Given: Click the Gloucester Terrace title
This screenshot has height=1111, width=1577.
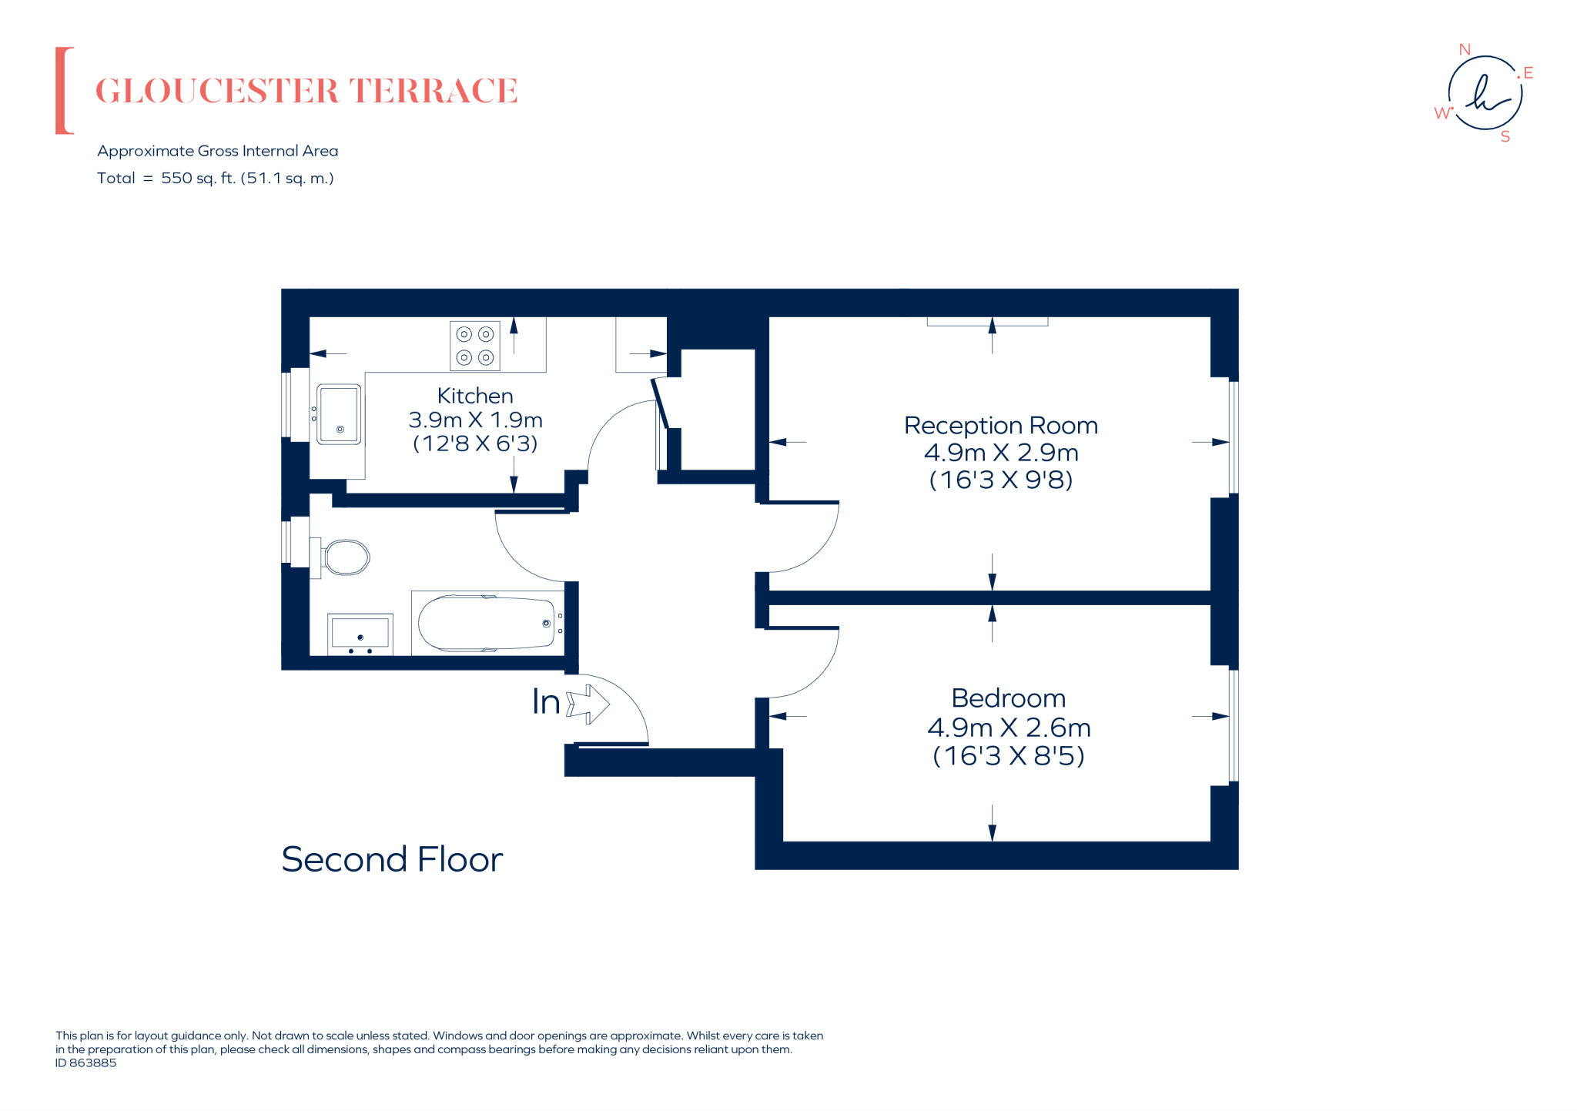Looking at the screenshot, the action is pyautogui.click(x=306, y=91).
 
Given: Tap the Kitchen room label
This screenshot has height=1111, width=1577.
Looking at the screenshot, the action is pyautogui.click(x=475, y=396).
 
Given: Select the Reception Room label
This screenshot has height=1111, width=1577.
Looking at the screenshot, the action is pyautogui.click(x=1001, y=426).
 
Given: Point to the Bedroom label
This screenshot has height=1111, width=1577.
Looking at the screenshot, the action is pyautogui.click(x=1009, y=698).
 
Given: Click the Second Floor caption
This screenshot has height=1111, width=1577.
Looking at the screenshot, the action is pyautogui.click(x=392, y=859).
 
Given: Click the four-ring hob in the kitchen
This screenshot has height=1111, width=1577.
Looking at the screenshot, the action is pyautogui.click(x=475, y=346).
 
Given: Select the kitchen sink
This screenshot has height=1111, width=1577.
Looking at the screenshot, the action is pyautogui.click(x=339, y=414).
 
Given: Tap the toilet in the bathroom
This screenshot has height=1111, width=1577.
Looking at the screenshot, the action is pyautogui.click(x=340, y=557).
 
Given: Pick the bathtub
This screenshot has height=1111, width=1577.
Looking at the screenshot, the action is pyautogui.click(x=487, y=624).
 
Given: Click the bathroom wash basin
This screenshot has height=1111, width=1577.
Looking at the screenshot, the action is pyautogui.click(x=360, y=634).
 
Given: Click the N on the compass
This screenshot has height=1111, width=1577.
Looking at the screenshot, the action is pyautogui.click(x=1465, y=49).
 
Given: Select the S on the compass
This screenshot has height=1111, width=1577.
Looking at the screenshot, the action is pyautogui.click(x=1505, y=137).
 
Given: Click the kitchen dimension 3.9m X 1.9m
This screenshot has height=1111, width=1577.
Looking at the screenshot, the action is pyautogui.click(x=475, y=420).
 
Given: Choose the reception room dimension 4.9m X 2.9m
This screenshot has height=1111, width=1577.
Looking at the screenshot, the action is pyautogui.click(x=1001, y=453).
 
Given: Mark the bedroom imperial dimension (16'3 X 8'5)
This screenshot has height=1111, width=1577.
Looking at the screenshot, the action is pyautogui.click(x=1009, y=756).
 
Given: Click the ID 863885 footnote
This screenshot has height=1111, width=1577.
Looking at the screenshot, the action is pyautogui.click(x=85, y=1063).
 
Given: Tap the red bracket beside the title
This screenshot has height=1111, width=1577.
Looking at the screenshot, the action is pyautogui.click(x=64, y=91).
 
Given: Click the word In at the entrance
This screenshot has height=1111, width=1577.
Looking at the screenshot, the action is pyautogui.click(x=546, y=702).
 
